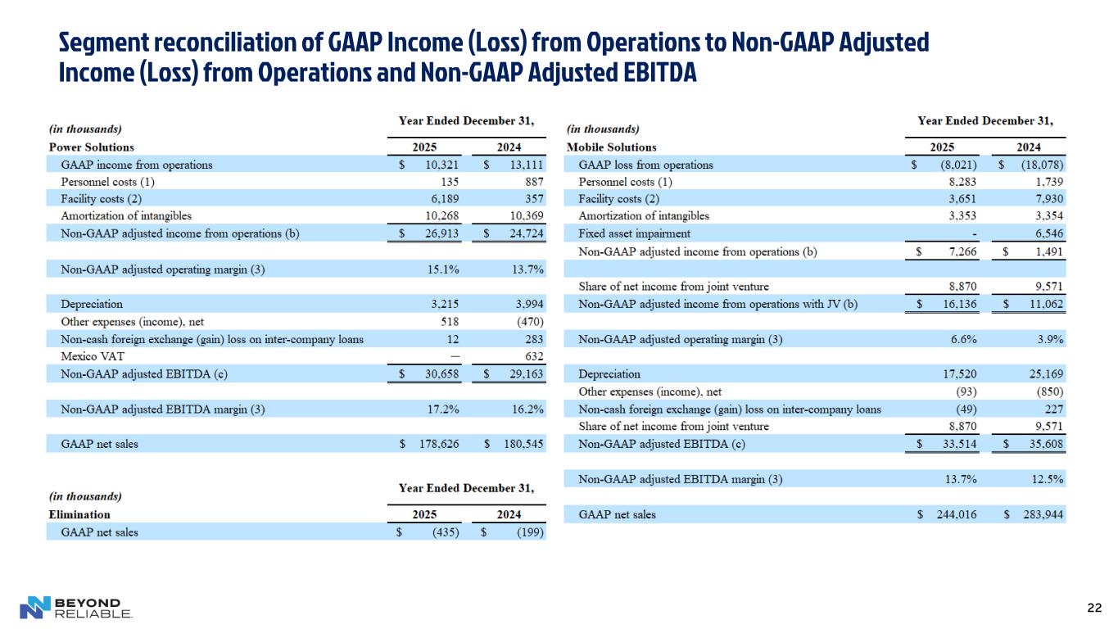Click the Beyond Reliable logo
pos(75,607)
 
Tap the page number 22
pos(1094,607)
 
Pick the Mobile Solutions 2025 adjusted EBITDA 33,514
pos(957,445)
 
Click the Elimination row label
pos(79,514)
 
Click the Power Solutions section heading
pos(91,147)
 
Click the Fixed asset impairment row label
pos(634,233)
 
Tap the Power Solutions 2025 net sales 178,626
pos(435,444)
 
